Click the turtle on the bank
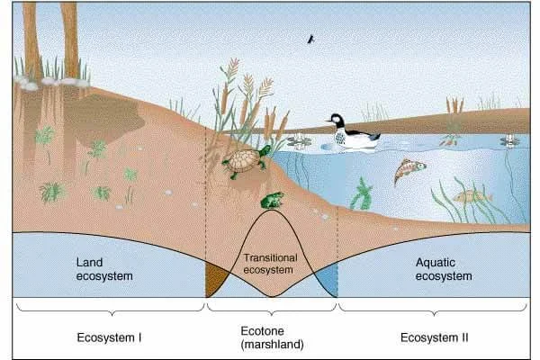244,163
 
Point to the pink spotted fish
409,170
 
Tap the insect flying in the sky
311,40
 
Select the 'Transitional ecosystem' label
271,262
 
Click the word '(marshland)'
271,345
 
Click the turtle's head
265,151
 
